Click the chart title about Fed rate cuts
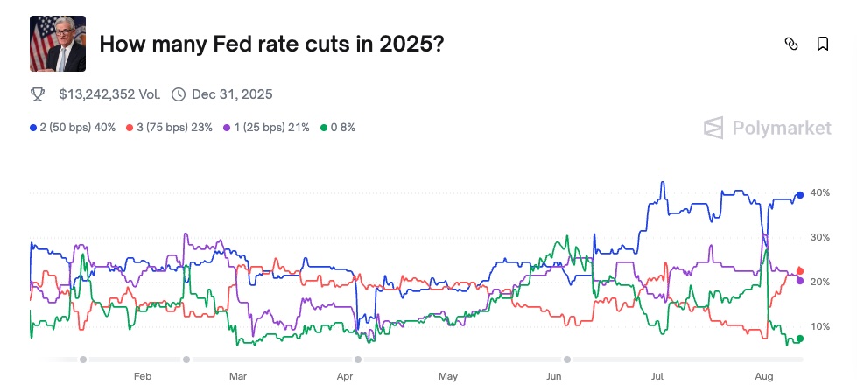coord(271,44)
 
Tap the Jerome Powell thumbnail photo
coord(58,44)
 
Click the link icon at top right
coord(791,44)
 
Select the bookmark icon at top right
coord(823,44)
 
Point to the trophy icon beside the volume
coord(38,94)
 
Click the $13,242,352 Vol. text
coord(109,94)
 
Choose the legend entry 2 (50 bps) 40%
coord(73,128)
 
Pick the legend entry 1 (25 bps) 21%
coord(267,128)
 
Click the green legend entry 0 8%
coord(338,128)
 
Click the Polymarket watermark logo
coord(768,128)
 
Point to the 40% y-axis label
coord(820,192)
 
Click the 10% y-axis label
coord(820,326)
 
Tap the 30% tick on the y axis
coord(820,237)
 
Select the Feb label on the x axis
coord(143,376)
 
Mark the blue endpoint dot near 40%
coord(800,195)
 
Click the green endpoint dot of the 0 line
coord(800,339)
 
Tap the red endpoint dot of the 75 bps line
coord(800,271)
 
